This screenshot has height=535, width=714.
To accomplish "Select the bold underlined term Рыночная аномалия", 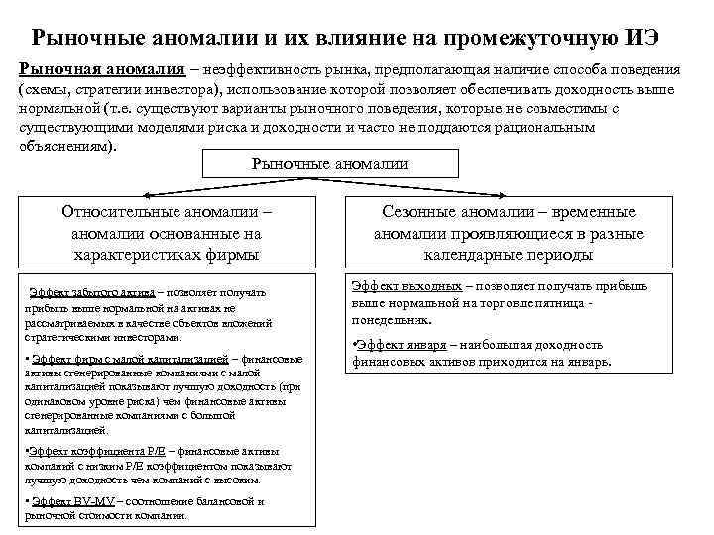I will click(x=101, y=72).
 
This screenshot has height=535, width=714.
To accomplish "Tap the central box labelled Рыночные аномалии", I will click(x=330, y=163).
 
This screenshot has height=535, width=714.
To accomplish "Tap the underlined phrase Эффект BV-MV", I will click(x=69, y=502).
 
